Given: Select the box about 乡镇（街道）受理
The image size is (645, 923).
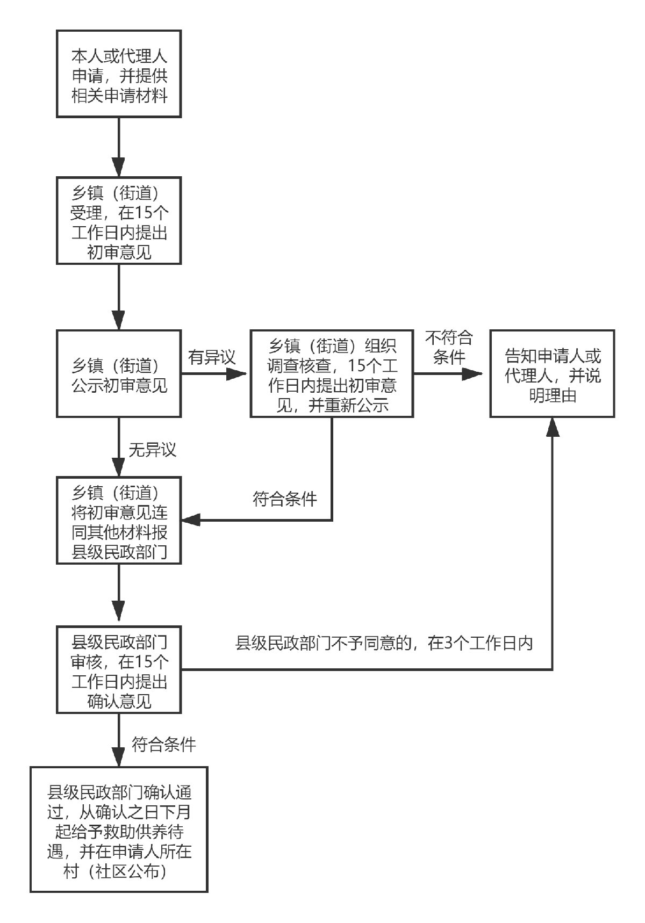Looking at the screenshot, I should click(119, 220).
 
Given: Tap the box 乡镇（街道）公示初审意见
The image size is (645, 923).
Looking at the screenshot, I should click(119, 374).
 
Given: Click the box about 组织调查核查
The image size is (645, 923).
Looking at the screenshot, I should click(332, 374).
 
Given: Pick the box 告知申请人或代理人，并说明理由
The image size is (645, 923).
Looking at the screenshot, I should click(552, 374).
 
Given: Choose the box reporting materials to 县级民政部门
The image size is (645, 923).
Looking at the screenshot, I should click(119, 520).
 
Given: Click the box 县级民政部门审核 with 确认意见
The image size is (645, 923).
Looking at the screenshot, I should click(119, 669).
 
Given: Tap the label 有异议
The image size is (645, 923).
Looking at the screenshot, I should click(212, 357).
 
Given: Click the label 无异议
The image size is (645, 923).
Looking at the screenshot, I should click(152, 449).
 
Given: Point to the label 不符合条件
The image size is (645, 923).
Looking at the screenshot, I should click(449, 347).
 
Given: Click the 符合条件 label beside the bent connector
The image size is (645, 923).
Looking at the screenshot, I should click(285, 499).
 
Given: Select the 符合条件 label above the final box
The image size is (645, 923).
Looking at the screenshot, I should click(164, 745).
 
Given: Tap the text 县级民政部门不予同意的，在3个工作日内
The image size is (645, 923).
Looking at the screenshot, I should click(384, 643).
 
